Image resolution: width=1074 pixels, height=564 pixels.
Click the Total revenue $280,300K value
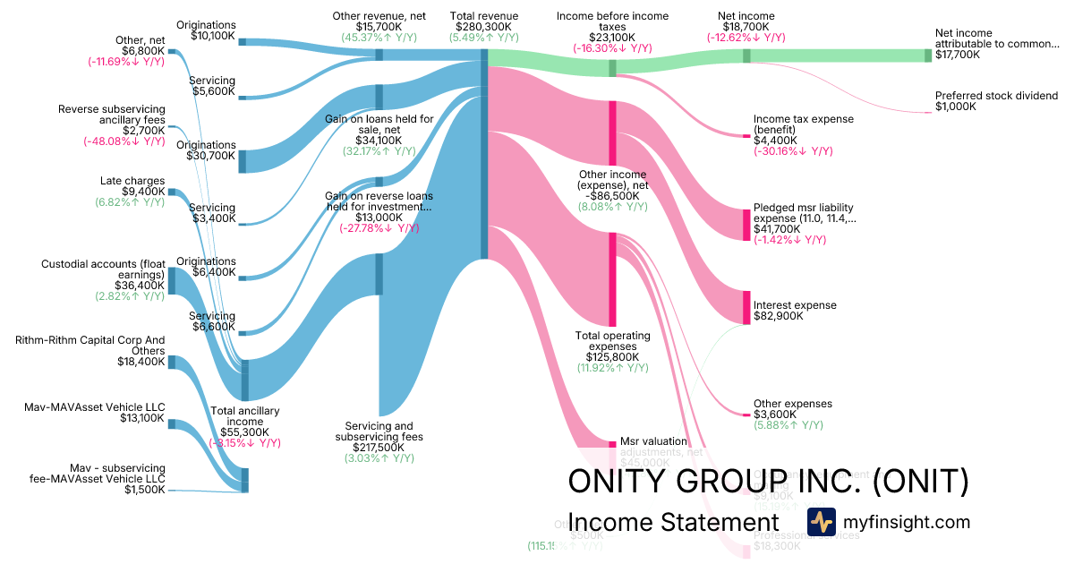click(x=483, y=27)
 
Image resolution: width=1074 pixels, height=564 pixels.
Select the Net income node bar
click(x=746, y=56)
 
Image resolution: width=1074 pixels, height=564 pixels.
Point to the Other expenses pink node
click(x=746, y=414)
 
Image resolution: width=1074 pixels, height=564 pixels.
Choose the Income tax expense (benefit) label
click(x=803, y=124)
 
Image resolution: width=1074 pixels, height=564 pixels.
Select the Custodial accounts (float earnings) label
click(x=103, y=269)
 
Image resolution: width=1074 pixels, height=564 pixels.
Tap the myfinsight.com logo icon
click(x=821, y=522)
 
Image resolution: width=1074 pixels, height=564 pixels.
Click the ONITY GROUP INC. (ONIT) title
click(x=768, y=482)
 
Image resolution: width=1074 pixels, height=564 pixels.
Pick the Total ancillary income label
click(x=244, y=416)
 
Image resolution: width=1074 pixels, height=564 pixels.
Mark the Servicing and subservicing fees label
click(x=379, y=431)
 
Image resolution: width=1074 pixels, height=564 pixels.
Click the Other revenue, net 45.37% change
click(x=379, y=38)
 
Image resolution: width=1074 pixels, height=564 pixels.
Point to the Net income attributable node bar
click(x=928, y=56)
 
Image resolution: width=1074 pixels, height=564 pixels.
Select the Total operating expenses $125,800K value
click(x=612, y=357)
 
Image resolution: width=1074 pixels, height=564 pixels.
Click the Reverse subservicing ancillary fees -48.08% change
click(x=124, y=141)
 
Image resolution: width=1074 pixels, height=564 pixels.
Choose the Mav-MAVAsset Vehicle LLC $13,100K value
click(x=141, y=418)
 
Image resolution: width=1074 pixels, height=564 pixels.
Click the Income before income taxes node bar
click(x=612, y=68)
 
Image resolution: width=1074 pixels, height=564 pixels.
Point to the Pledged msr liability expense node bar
click(x=746, y=224)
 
